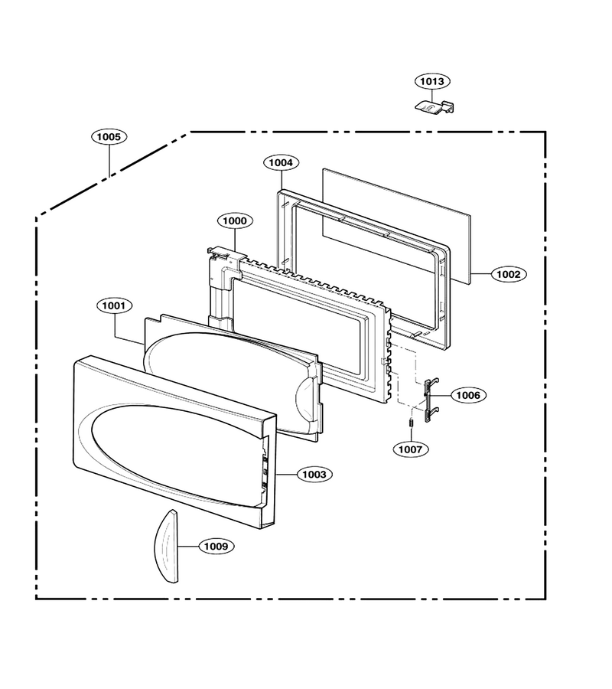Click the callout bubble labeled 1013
[432, 81]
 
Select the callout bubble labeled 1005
[109, 137]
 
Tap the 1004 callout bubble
[281, 162]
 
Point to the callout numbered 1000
[235, 220]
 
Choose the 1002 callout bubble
[509, 274]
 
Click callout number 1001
[114, 305]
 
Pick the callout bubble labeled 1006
[468, 395]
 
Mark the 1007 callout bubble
[411, 449]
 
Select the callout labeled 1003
[314, 475]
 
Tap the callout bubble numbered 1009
[216, 546]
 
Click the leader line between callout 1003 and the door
[287, 475]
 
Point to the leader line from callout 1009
[189, 546]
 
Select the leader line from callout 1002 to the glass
[480, 273]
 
